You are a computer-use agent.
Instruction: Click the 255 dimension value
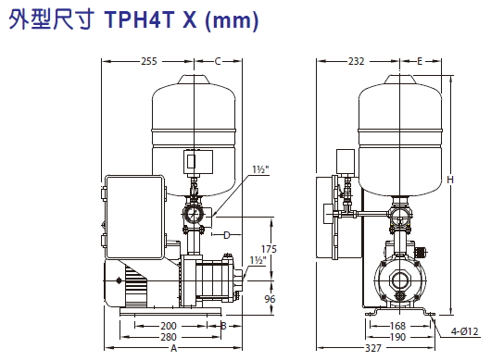click(149, 61)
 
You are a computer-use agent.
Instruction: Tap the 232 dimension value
click(357, 61)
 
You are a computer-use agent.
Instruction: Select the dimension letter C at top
click(218, 61)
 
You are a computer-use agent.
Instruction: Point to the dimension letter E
click(420, 61)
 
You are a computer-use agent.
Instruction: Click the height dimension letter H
click(450, 180)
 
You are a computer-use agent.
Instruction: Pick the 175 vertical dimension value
click(269, 249)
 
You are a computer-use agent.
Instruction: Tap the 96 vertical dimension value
click(270, 299)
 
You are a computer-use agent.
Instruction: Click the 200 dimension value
click(169, 326)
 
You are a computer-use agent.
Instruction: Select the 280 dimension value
click(169, 337)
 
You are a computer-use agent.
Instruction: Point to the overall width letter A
click(174, 348)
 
